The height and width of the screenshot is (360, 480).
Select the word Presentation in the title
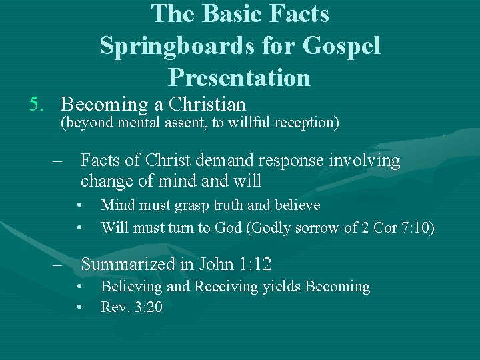pos(239,77)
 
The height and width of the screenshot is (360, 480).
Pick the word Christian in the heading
pos(207,105)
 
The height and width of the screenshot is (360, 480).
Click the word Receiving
pos(221,287)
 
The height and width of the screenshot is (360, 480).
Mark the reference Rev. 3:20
pos(131,307)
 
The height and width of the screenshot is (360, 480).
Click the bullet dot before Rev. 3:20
pos(79,307)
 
